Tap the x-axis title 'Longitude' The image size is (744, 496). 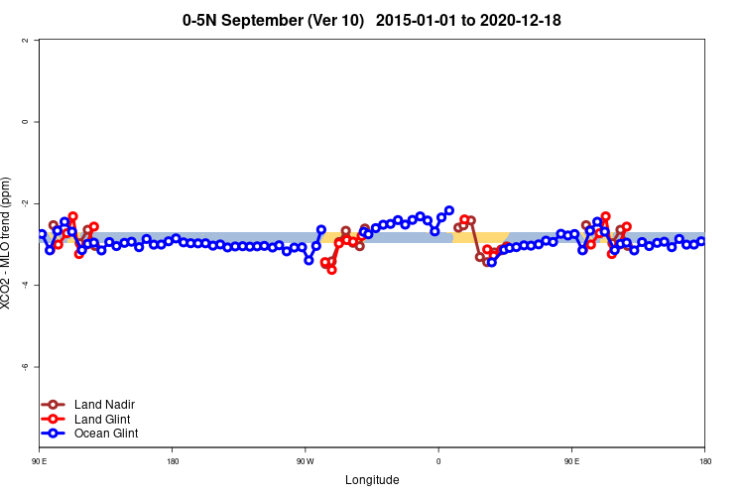click(x=372, y=480)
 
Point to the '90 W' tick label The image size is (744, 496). click(x=305, y=461)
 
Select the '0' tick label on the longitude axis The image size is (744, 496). click(x=438, y=461)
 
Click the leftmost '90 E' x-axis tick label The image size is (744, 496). click(x=39, y=461)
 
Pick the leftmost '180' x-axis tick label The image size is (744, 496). click(x=173, y=461)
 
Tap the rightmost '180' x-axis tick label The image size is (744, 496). click(x=704, y=461)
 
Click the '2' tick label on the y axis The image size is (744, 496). click(x=25, y=41)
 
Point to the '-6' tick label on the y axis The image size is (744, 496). click(x=25, y=367)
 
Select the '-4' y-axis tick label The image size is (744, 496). click(x=25, y=286)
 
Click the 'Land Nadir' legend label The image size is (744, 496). click(x=104, y=405)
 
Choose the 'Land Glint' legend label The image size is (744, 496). click(x=102, y=420)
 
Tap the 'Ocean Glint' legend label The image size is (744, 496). click(x=106, y=434)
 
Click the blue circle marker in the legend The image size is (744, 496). click(x=53, y=434)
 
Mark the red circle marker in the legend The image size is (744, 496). click(x=53, y=420)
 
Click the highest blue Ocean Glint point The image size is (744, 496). click(x=449, y=210)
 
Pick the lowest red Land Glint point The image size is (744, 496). click(x=331, y=270)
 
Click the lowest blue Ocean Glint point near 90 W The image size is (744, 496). click(x=309, y=260)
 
